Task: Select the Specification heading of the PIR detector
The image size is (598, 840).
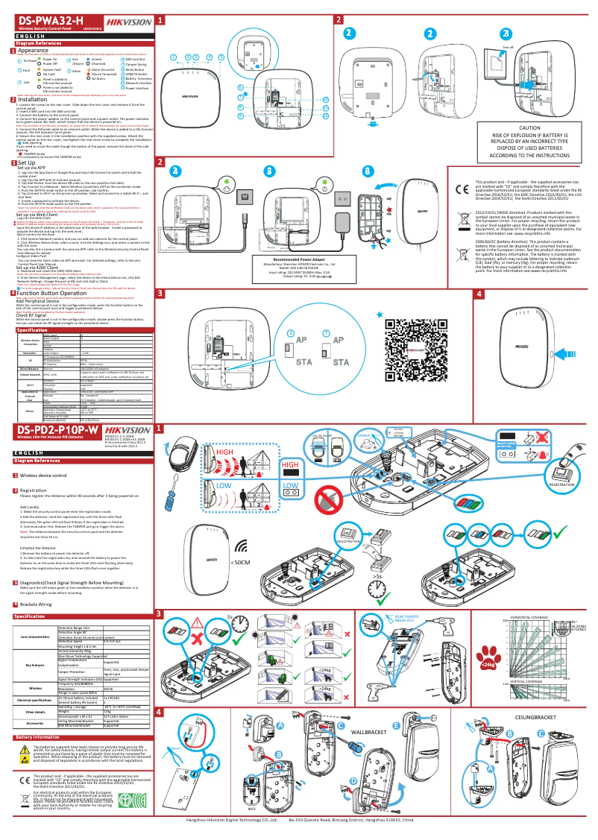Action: pyautogui.click(x=36, y=616)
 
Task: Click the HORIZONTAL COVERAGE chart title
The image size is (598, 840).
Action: pyautogui.click(x=529, y=617)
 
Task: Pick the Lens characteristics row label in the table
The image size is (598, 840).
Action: pyautogui.click(x=35, y=637)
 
